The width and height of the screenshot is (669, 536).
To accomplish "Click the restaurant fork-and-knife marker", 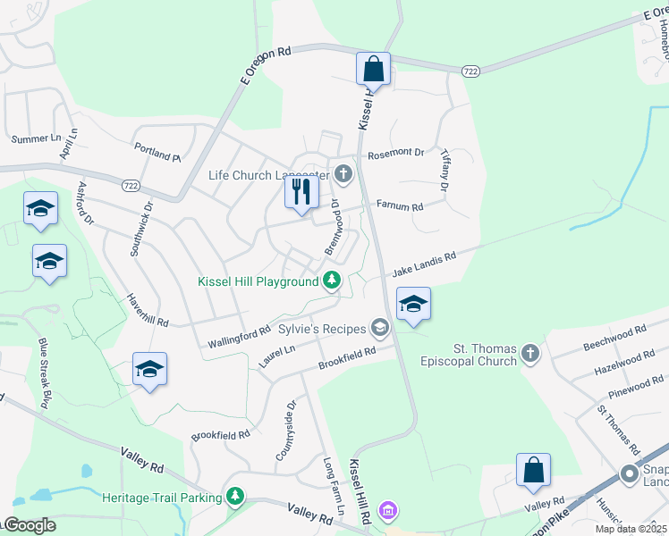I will tap(301, 191).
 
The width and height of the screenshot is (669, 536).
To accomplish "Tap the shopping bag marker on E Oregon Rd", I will tap(373, 69).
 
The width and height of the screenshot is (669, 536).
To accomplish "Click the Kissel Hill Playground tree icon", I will tap(332, 281).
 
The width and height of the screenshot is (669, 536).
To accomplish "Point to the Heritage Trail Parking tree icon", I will tap(235, 495).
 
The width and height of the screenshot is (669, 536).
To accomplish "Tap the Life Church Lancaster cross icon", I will tap(343, 174).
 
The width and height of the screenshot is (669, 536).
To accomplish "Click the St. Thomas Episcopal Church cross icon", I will tap(530, 354).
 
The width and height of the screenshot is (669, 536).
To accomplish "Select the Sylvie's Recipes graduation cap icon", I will tap(380, 328).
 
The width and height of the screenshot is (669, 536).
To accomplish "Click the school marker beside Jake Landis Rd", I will tap(413, 304).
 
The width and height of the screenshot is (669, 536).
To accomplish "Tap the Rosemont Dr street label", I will tap(395, 153).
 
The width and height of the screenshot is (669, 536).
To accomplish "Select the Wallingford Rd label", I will tap(239, 338).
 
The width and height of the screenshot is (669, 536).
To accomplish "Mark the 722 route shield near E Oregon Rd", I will tap(470, 70).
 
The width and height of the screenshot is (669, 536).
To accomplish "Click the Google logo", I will tap(29, 525).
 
